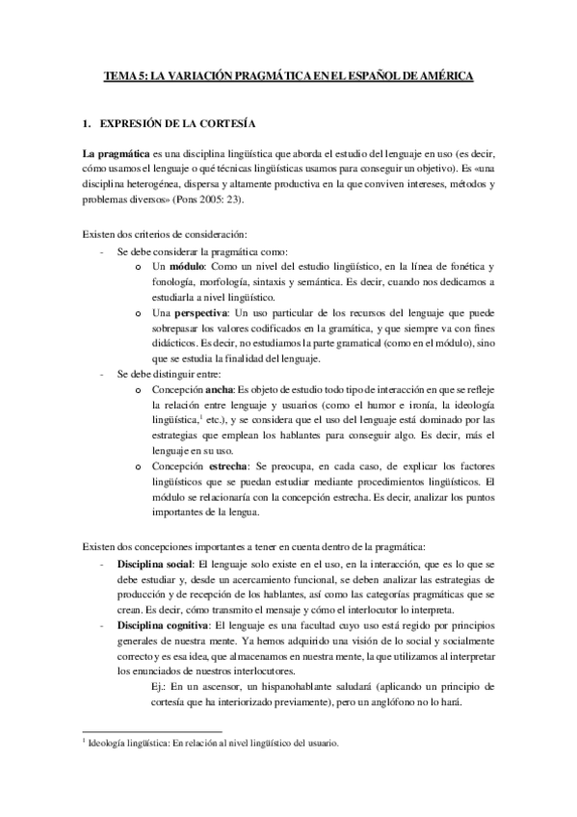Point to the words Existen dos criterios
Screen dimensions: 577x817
coord(135,234)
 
